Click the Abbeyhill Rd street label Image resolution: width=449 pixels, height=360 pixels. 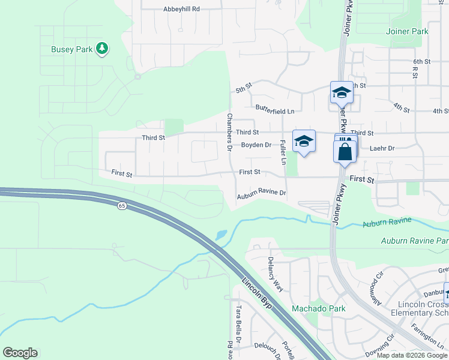(181, 9)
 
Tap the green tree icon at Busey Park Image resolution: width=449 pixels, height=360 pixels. (102, 49)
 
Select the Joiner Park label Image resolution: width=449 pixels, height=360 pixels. (408, 31)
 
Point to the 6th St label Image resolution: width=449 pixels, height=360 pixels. (422, 62)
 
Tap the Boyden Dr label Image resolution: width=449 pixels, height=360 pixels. (256, 145)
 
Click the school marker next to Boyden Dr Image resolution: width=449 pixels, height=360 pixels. (304, 141)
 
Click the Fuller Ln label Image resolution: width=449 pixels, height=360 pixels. (282, 152)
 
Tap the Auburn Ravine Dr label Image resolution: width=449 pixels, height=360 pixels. (261, 195)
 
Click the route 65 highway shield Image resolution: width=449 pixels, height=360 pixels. (122, 206)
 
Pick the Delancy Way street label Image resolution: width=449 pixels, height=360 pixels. (274, 274)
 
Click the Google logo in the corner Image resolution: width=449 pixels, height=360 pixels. (20, 353)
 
